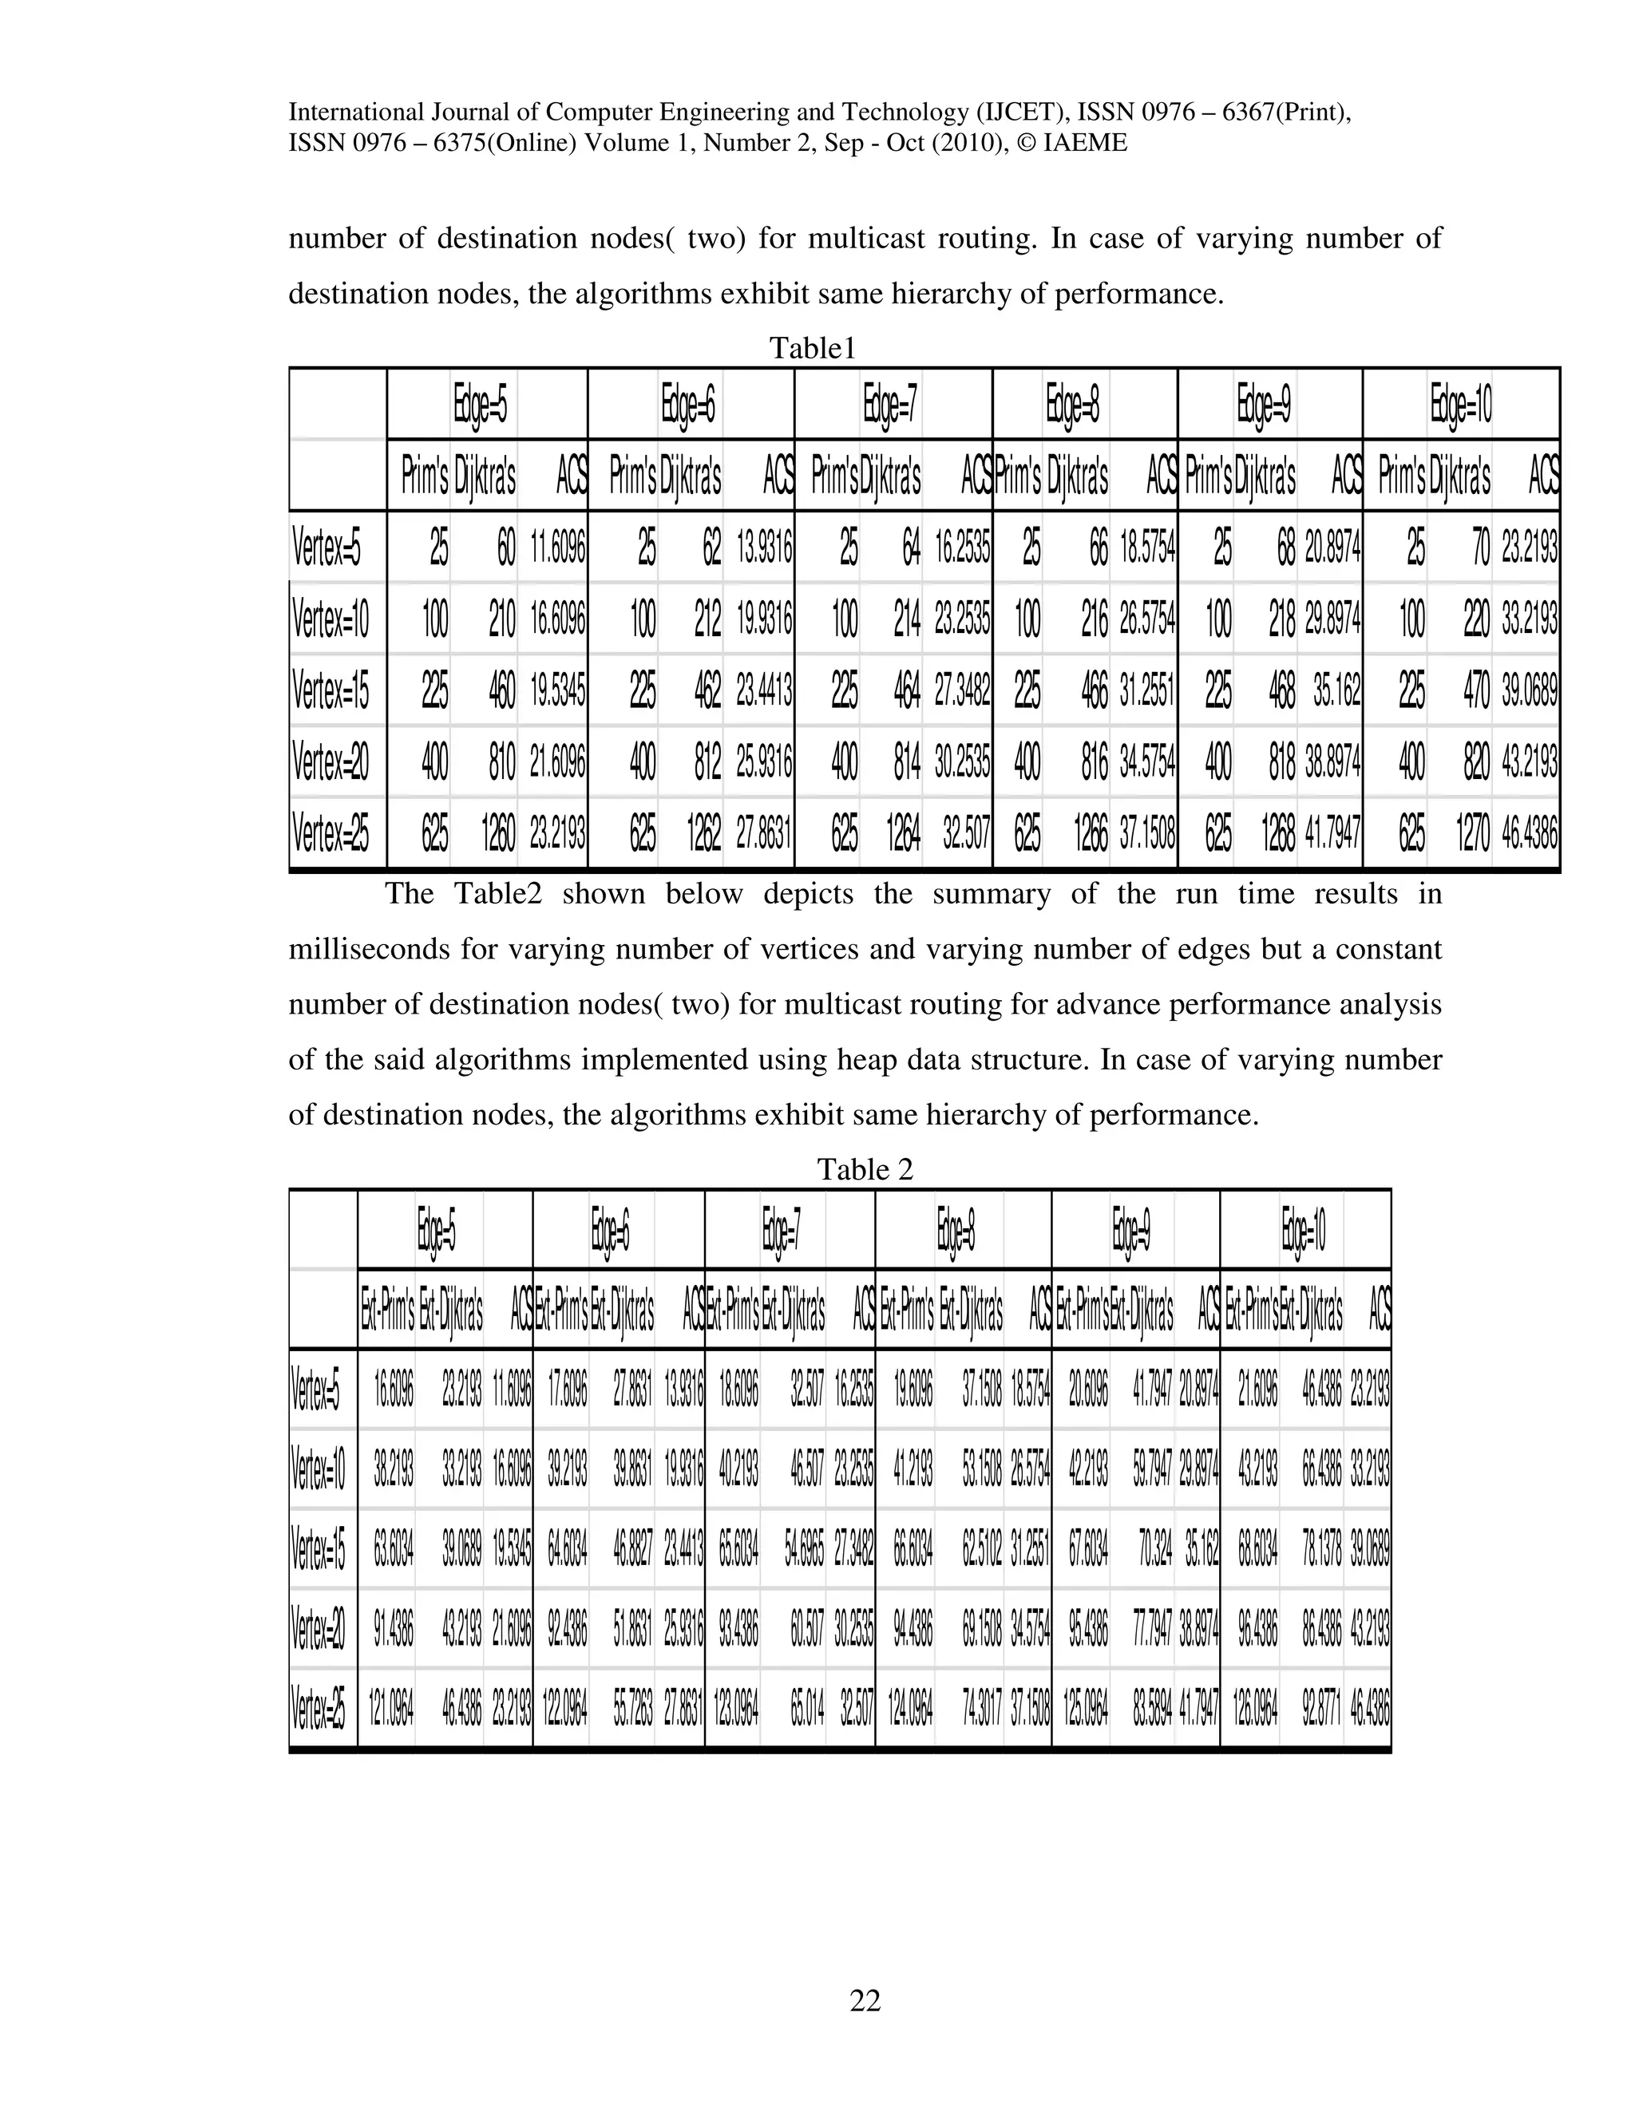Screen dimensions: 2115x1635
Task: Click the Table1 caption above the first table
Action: click(x=812, y=349)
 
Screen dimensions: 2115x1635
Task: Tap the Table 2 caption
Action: click(x=864, y=1170)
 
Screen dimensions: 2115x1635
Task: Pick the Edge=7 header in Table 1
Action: click(x=891, y=405)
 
